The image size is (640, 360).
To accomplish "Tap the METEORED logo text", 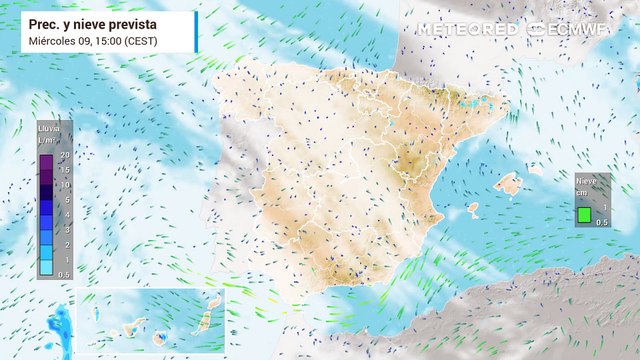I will pyautogui.click(x=468, y=30).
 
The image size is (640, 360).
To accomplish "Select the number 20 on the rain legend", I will pyautogui.click(x=64, y=155).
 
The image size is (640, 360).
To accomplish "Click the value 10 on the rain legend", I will pyautogui.click(x=64, y=185).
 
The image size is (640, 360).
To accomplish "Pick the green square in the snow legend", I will pyautogui.click(x=584, y=213).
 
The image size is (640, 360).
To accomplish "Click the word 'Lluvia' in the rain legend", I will pyautogui.click(x=47, y=129).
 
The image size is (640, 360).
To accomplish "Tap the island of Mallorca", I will pyautogui.click(x=509, y=184).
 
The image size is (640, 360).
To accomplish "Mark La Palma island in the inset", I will pyautogui.click(x=97, y=313).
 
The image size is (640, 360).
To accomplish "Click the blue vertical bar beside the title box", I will pyautogui.click(x=196, y=31).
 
